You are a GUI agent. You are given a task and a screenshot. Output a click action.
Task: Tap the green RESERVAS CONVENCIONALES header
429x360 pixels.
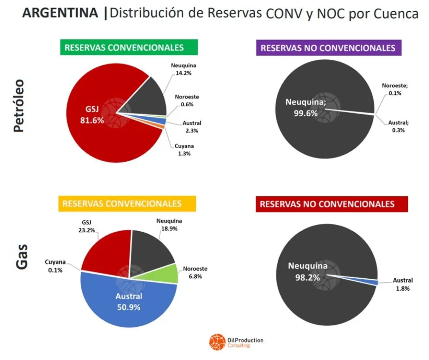124,48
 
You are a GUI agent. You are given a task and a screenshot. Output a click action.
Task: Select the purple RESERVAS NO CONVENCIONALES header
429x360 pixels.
328,48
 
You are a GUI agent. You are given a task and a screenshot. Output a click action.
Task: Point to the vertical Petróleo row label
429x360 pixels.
22,106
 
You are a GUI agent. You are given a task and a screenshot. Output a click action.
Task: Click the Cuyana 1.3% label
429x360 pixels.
180,150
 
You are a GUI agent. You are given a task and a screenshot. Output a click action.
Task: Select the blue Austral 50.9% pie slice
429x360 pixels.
128,302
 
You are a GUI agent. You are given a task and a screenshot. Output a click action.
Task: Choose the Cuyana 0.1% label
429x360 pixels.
55,266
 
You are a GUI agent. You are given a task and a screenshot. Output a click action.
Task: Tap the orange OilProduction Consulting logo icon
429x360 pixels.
216,342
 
